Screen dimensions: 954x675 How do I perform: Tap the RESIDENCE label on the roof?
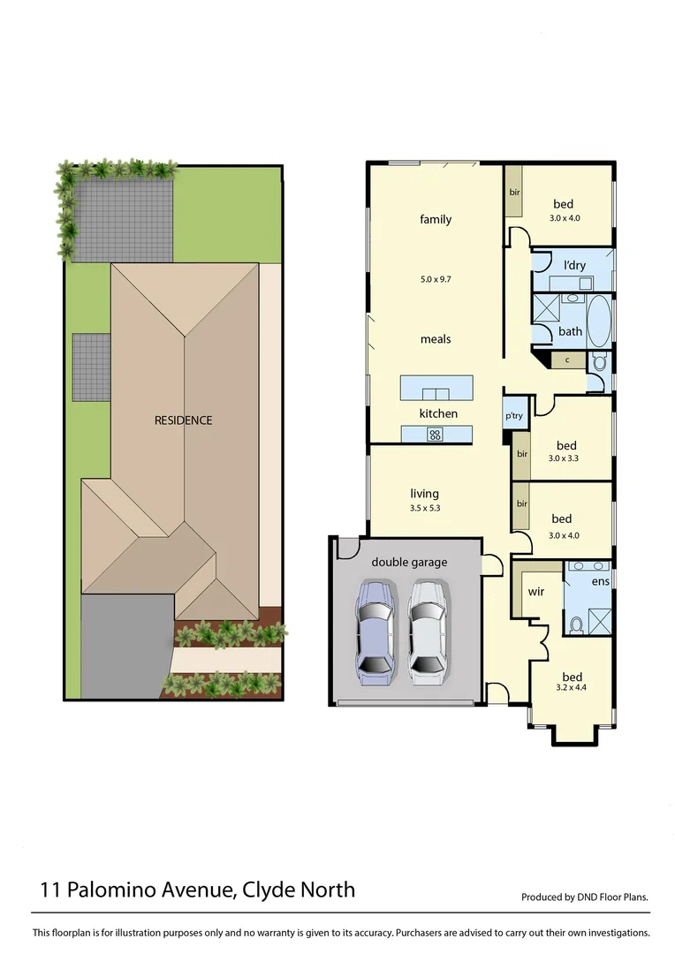[x=184, y=420]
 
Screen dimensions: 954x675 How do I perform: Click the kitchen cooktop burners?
[x=436, y=434]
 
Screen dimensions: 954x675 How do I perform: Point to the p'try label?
[x=512, y=416]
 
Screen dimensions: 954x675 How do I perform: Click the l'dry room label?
[x=574, y=265]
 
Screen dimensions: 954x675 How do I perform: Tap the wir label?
[x=535, y=591]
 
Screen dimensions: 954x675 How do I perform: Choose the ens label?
[x=600, y=581]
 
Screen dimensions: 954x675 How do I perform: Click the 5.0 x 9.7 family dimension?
[x=436, y=279]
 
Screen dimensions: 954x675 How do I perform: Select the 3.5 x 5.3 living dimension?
[x=425, y=508]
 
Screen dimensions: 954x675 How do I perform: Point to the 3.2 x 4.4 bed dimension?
[x=571, y=686]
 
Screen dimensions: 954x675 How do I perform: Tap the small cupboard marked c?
[x=566, y=360]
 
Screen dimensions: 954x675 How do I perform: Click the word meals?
[x=436, y=339]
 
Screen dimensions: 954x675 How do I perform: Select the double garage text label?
[x=409, y=562]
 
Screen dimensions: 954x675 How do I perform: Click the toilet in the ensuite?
[x=576, y=625]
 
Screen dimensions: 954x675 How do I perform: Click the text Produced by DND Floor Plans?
[x=585, y=897]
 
